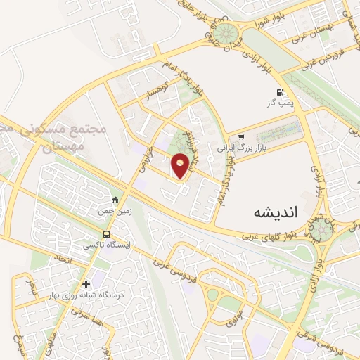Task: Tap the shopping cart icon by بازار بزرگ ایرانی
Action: click(241, 137)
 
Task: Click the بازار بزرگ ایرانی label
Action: click(233, 149)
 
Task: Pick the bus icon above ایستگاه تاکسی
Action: click(106, 234)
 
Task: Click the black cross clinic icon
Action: click(86, 284)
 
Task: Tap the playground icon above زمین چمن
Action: click(115, 200)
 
